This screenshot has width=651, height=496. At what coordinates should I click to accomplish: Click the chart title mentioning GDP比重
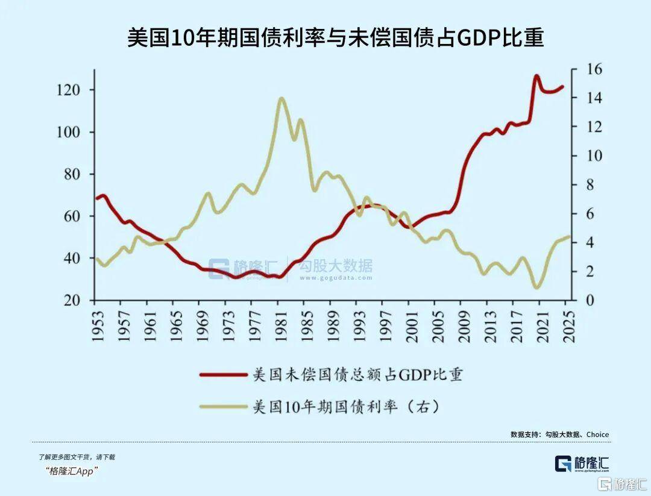[x=335, y=37]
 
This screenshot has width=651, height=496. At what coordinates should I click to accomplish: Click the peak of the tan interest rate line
[x=281, y=98]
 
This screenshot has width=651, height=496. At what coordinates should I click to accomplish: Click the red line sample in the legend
[x=224, y=374]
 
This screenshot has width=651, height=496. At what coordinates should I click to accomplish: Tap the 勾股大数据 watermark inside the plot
[x=336, y=266]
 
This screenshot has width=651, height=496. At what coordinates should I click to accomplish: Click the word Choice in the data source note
[x=597, y=434]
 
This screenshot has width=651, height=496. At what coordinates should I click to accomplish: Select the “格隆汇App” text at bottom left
[x=71, y=471]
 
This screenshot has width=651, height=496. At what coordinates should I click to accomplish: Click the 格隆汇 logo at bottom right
[x=582, y=463]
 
